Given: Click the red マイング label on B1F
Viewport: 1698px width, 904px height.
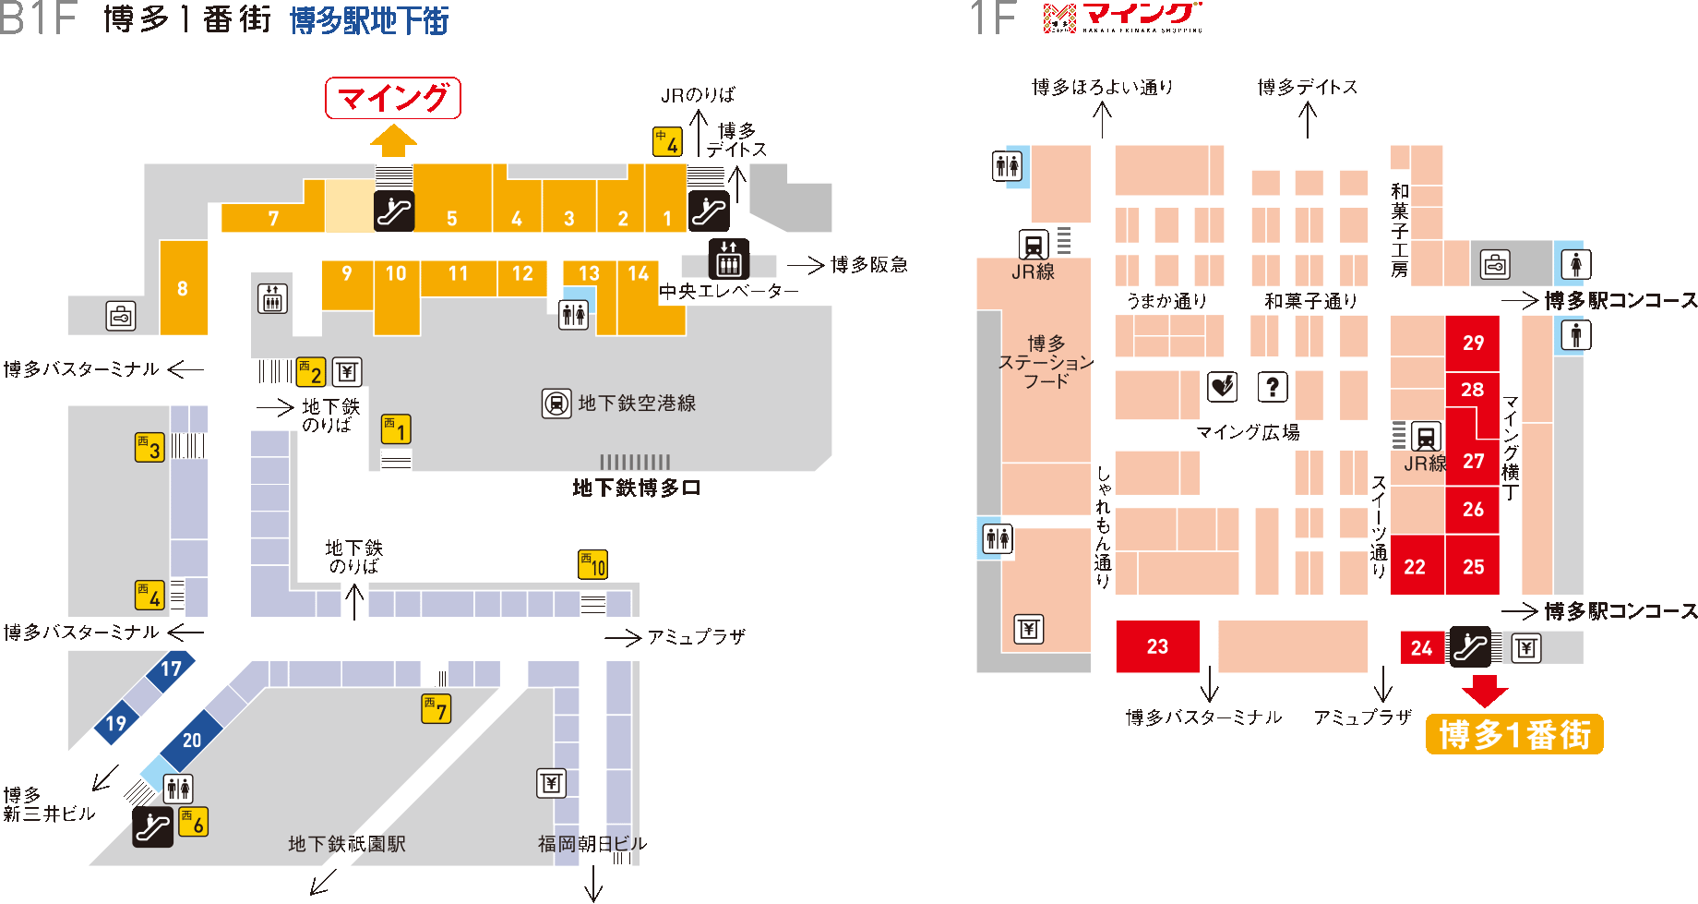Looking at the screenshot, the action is coord(393,98).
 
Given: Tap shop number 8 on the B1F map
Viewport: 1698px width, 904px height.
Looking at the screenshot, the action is coord(184,287).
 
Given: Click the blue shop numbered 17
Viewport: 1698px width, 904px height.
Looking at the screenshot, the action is coord(172,669).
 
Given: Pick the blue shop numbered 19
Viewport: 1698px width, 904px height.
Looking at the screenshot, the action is coord(116,723).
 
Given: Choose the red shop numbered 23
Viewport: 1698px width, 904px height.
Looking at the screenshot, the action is coord(1158,646).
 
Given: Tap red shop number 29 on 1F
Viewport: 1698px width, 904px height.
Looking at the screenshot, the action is coord(1473,344).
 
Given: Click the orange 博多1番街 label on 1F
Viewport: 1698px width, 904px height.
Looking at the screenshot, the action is coord(1514,734).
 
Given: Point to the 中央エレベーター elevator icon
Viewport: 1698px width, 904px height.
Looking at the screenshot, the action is coord(729,259).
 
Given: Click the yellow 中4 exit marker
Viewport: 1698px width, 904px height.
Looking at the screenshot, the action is coord(668,141).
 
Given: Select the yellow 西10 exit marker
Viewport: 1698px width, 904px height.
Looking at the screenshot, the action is coord(593,564).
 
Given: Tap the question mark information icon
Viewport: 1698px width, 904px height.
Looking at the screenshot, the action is coord(1273,387).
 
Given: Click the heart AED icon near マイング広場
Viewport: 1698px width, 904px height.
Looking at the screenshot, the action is coord(1223,387).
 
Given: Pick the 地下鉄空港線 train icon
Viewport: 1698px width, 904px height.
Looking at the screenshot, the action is coord(556,404).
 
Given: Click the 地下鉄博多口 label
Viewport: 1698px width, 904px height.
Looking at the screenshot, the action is coord(637,488).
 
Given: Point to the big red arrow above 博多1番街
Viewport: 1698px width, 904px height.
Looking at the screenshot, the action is coord(1485,691).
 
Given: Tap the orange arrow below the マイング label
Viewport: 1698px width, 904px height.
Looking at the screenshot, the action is coord(393,141).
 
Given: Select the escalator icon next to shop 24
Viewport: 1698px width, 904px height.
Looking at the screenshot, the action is coord(1469,646).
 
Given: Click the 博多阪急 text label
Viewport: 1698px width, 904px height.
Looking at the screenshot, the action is coord(869,265).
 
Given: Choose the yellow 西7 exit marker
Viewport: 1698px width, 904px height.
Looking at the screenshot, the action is coord(436,709).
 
